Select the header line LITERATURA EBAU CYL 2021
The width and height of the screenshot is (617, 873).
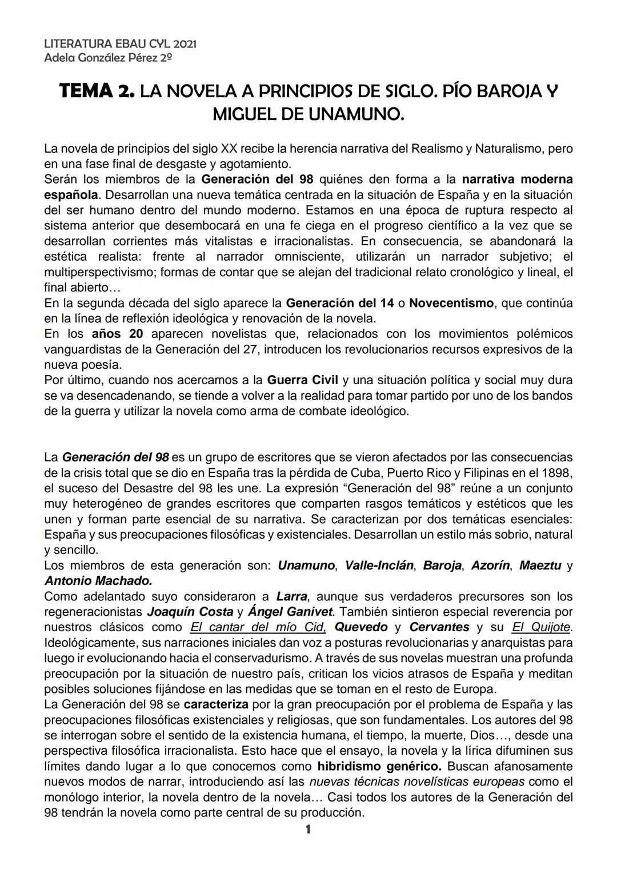(x=121, y=44)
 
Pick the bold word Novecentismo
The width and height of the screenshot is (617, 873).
(x=451, y=303)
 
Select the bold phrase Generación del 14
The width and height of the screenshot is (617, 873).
(x=340, y=303)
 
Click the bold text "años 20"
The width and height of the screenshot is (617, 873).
(x=117, y=333)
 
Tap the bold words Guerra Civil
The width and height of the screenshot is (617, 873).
(x=303, y=380)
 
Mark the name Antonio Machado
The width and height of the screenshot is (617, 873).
(x=98, y=581)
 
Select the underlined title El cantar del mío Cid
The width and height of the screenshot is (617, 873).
(x=258, y=627)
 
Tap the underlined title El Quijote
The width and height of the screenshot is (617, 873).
(x=540, y=627)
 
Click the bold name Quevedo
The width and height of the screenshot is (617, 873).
(x=361, y=627)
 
